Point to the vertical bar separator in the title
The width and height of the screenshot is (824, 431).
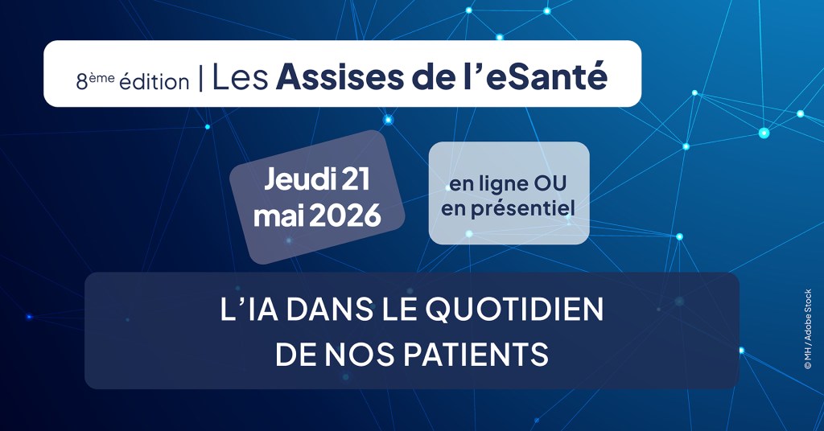(x=200, y=77)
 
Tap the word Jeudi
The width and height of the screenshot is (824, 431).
(x=299, y=180)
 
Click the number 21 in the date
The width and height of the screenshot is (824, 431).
(x=355, y=180)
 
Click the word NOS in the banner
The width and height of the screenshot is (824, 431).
(x=365, y=353)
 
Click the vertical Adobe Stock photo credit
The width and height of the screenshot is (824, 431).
(x=807, y=329)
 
